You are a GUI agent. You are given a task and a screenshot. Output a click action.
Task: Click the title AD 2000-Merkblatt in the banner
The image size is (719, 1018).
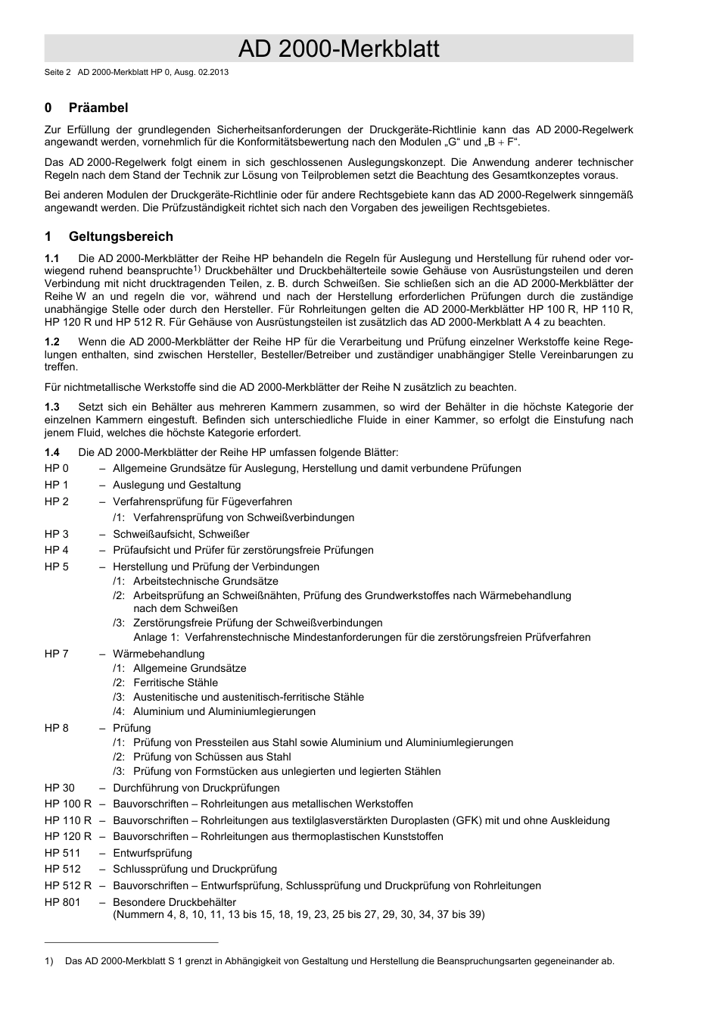[338, 49]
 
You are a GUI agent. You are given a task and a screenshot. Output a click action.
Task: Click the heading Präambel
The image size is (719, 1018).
[98, 108]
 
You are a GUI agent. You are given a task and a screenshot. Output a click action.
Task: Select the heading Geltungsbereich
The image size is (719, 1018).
[120, 236]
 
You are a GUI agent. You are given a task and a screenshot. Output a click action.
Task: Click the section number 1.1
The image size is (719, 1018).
[52, 258]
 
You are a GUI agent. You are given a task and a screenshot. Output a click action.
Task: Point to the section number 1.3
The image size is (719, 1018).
[52, 408]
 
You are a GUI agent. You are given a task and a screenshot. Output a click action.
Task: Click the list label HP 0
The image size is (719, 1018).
[56, 469]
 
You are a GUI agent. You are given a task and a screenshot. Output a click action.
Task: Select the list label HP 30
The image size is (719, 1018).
[59, 788]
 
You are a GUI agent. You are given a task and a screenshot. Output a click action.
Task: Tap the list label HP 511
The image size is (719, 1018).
[62, 853]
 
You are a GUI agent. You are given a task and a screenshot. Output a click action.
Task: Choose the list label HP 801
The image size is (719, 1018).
[62, 902]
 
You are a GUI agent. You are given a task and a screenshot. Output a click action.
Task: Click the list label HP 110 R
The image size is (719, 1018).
[68, 820]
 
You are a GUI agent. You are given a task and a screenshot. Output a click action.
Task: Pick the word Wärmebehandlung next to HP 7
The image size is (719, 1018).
[158, 654]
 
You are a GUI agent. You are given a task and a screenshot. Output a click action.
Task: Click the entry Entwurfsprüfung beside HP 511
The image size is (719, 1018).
[152, 853]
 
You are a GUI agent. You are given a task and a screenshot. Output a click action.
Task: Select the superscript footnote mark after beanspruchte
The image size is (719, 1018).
[196, 268]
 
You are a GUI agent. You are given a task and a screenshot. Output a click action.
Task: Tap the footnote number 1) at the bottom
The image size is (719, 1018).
[49, 961]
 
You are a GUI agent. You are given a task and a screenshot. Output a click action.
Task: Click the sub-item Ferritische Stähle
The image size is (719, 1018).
[176, 682]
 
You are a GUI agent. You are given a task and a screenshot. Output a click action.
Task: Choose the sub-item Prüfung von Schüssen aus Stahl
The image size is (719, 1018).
[212, 757]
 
